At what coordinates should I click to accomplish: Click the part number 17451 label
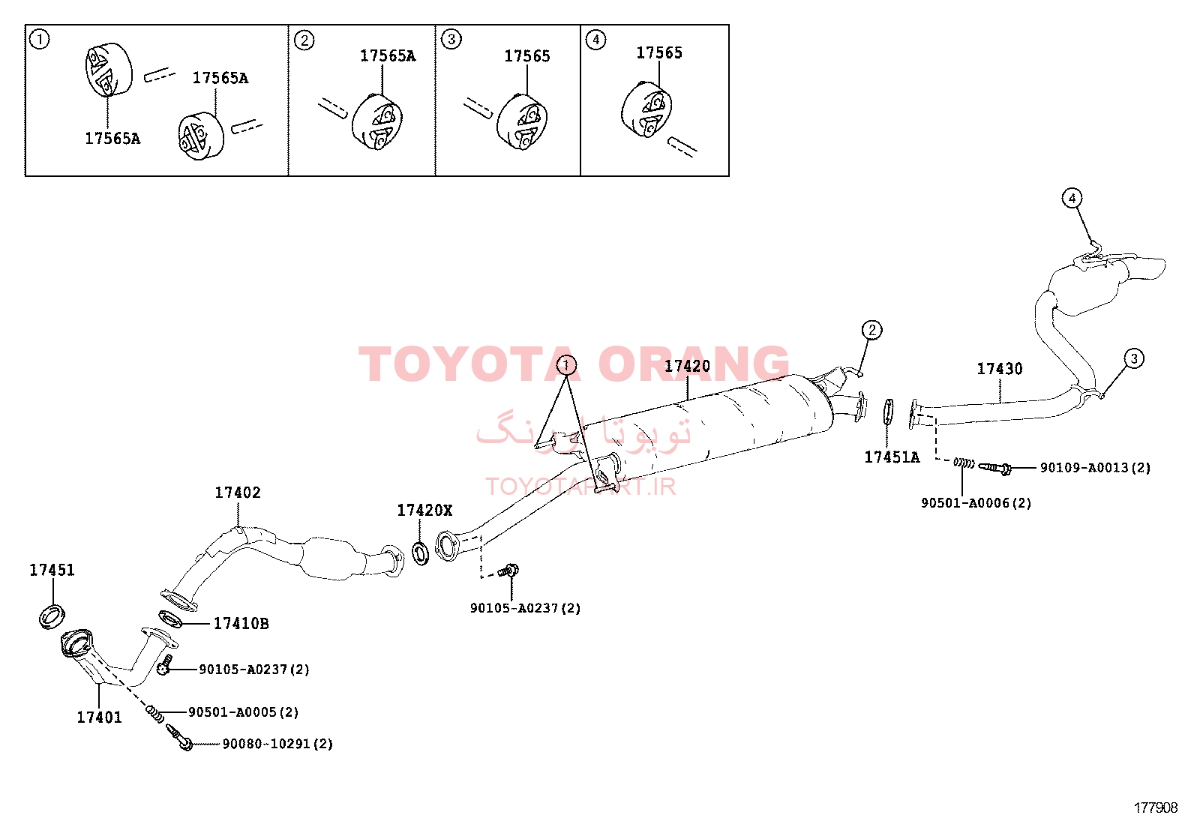pos(52,570)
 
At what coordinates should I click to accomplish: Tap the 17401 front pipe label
pos(99,718)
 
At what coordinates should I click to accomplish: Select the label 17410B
pos(241,623)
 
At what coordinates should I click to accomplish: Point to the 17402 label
pos(238,492)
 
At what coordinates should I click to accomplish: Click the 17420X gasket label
pos(424,510)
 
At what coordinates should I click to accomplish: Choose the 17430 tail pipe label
pos(1000,368)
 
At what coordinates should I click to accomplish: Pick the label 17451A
pos(892,457)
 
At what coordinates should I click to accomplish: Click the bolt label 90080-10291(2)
pos(277,744)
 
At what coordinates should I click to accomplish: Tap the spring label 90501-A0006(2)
pos(976,502)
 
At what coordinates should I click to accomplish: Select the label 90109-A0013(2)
pos(1096,467)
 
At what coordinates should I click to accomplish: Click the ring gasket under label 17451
pos(52,616)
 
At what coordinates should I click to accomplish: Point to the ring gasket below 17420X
pos(421,553)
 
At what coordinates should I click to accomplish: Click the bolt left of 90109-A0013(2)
pos(994,468)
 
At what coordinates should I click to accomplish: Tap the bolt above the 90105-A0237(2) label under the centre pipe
pos(508,571)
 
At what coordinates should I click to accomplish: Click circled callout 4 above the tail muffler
pos(1072,198)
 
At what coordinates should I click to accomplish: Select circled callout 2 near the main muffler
pos(871,330)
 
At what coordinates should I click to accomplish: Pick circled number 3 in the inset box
pos(451,40)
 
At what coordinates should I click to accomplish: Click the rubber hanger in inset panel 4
pos(646,109)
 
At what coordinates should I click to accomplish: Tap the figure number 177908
pos(1156,808)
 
